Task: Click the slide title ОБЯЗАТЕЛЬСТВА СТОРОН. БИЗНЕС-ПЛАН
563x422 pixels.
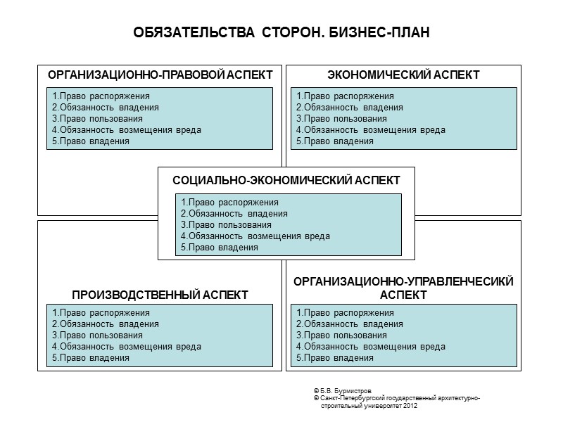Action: tap(281, 33)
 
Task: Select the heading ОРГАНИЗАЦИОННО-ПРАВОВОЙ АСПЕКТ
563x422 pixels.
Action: tap(160, 75)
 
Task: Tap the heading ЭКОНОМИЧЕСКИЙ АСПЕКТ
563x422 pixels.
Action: tap(404, 75)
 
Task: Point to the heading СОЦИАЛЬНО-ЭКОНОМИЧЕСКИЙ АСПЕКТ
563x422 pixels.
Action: tap(286, 180)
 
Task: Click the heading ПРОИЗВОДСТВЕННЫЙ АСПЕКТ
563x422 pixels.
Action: tap(160, 294)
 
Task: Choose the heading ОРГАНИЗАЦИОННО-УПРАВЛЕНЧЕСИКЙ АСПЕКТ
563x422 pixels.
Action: tap(403, 288)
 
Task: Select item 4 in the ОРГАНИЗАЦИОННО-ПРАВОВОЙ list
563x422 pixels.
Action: tap(126, 130)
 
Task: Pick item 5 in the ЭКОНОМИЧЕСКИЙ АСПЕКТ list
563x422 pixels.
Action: tap(334, 141)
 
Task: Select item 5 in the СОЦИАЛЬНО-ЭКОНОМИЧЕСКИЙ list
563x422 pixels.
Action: tap(220, 248)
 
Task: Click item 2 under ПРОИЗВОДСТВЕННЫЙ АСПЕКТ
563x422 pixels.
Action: tap(105, 324)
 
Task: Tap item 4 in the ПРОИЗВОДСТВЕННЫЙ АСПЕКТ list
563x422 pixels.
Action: tap(126, 347)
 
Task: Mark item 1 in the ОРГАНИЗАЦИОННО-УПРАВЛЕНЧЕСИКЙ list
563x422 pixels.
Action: tap(345, 313)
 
